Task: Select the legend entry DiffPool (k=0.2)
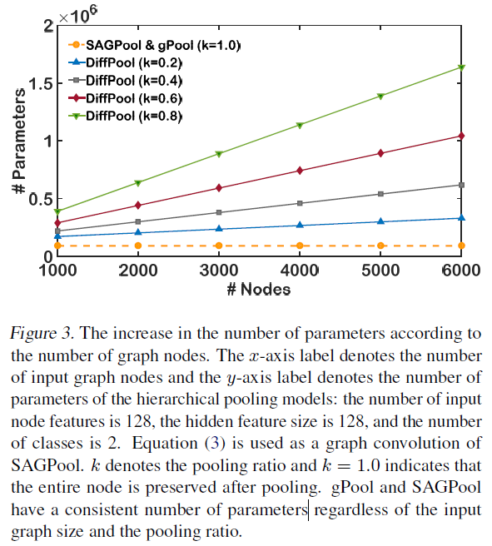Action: pos(133,62)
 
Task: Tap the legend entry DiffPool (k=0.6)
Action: pos(133,97)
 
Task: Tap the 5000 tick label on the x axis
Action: pos(380,271)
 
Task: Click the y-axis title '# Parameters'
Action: pos(17,140)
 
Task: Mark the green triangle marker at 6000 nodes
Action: pos(461,67)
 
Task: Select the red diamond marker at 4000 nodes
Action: pos(300,171)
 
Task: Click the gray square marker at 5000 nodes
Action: pos(380,194)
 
